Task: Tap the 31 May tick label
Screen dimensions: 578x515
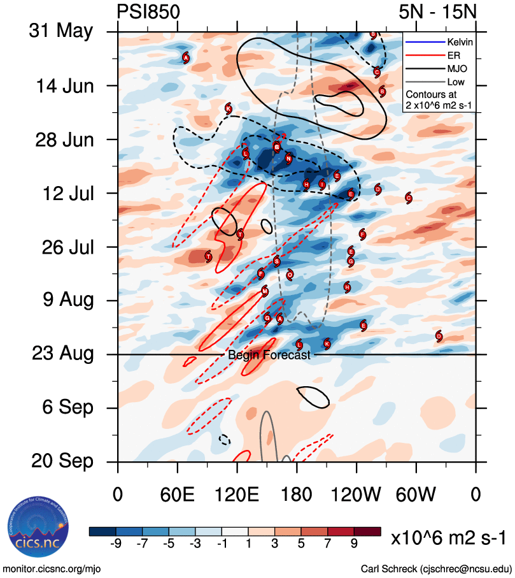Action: coord(60,31)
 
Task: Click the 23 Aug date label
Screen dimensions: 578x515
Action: coord(62,354)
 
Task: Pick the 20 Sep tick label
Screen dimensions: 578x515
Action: coord(62,461)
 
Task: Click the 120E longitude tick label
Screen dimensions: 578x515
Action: coord(237,495)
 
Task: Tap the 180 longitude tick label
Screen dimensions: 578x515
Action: coord(297,495)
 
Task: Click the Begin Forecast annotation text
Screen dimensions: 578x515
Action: coord(269,355)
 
